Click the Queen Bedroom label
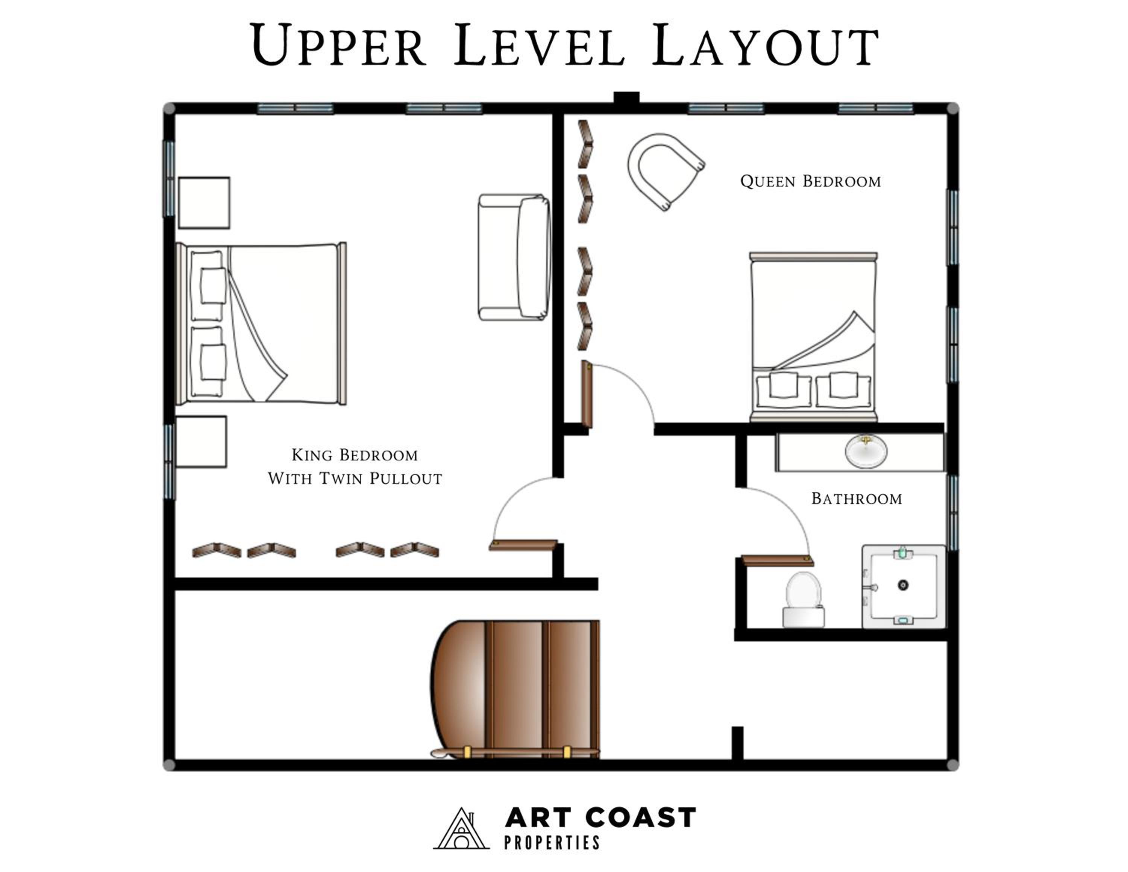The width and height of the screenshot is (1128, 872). [x=810, y=181]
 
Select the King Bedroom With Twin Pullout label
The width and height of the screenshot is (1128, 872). [x=355, y=466]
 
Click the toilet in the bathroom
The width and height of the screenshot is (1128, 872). [x=804, y=600]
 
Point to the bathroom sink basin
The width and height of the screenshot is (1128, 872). [x=866, y=451]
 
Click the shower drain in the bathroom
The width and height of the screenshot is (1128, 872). [x=903, y=585]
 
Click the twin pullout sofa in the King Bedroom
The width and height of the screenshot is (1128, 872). [x=514, y=257]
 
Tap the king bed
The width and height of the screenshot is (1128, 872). [x=261, y=324]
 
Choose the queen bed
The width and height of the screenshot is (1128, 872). [x=813, y=337]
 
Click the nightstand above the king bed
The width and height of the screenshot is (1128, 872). [x=204, y=202]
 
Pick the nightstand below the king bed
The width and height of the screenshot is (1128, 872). [x=201, y=442]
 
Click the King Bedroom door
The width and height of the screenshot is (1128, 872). [x=523, y=545]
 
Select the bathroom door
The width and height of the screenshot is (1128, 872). [x=777, y=561]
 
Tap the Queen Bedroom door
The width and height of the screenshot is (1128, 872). [x=587, y=394]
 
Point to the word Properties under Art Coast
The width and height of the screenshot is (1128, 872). [x=552, y=843]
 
